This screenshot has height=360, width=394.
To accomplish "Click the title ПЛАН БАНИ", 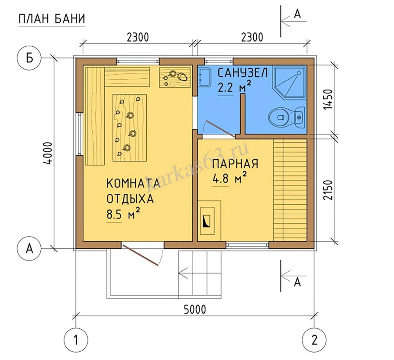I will coord(52,19).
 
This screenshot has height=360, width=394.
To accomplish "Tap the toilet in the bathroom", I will coord(286,117).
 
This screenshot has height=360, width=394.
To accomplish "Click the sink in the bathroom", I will coord(204,77).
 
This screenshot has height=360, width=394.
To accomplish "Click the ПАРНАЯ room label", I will coord(235,164).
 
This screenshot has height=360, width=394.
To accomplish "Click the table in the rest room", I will coord(129,127).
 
